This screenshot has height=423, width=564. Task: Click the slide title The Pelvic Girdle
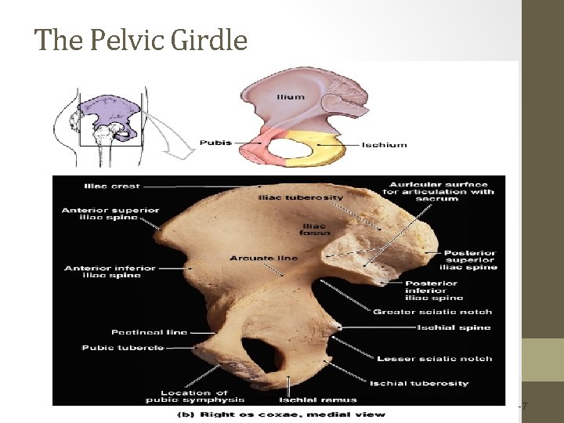(141, 39)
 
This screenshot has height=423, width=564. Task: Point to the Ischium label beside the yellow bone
(385, 145)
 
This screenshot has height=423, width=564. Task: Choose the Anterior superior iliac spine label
(110, 214)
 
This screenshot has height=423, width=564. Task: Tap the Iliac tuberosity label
(300, 198)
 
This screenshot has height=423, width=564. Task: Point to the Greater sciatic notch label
(432, 312)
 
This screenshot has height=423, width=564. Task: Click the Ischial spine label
(454, 327)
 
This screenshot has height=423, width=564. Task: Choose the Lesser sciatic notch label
(435, 359)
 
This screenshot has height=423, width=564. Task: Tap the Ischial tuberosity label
(431, 383)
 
